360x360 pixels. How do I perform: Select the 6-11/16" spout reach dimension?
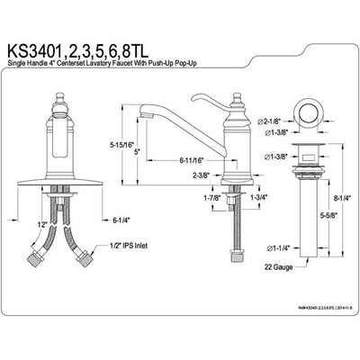point(195,158)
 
